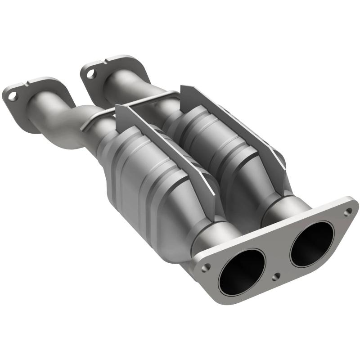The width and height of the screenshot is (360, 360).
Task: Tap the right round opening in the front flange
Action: pyautogui.click(x=312, y=243)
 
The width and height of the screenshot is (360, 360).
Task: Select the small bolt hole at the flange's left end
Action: pyautogui.click(x=206, y=267)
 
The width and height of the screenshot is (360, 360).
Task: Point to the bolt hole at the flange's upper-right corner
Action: pyautogui.click(x=347, y=210)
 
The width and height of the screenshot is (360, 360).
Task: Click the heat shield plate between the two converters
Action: pyautogui.click(x=166, y=144)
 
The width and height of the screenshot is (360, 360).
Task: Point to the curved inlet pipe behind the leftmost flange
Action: pyautogui.click(x=58, y=121)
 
